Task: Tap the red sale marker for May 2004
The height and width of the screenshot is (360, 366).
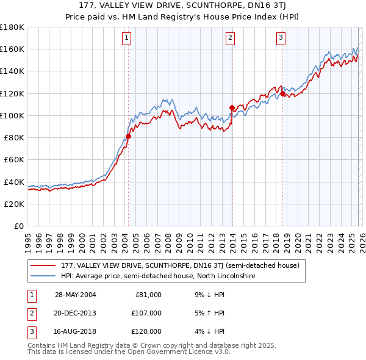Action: tap(129, 137)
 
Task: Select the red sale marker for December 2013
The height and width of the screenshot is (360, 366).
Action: tap(232, 108)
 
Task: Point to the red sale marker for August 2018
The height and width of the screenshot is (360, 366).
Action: tap(283, 93)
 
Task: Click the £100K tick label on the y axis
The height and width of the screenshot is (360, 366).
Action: tap(12, 115)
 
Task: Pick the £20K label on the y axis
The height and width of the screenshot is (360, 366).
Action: tap(14, 204)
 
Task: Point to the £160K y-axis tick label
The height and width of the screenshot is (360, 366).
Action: tap(12, 49)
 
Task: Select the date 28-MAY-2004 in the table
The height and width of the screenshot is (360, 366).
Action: tap(76, 295)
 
